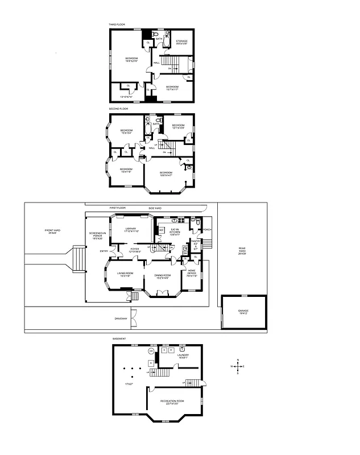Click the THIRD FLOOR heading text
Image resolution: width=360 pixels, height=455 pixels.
click(117, 24)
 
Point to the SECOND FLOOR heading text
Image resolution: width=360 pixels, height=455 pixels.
click(119, 108)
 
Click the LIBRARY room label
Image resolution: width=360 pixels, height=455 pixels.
click(131, 230)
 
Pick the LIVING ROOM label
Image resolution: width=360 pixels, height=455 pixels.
click(125, 274)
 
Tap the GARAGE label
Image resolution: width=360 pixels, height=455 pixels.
click(243, 312)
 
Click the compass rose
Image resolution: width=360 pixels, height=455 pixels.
click(238, 367)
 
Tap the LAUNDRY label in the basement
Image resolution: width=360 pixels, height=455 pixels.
click(183, 356)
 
